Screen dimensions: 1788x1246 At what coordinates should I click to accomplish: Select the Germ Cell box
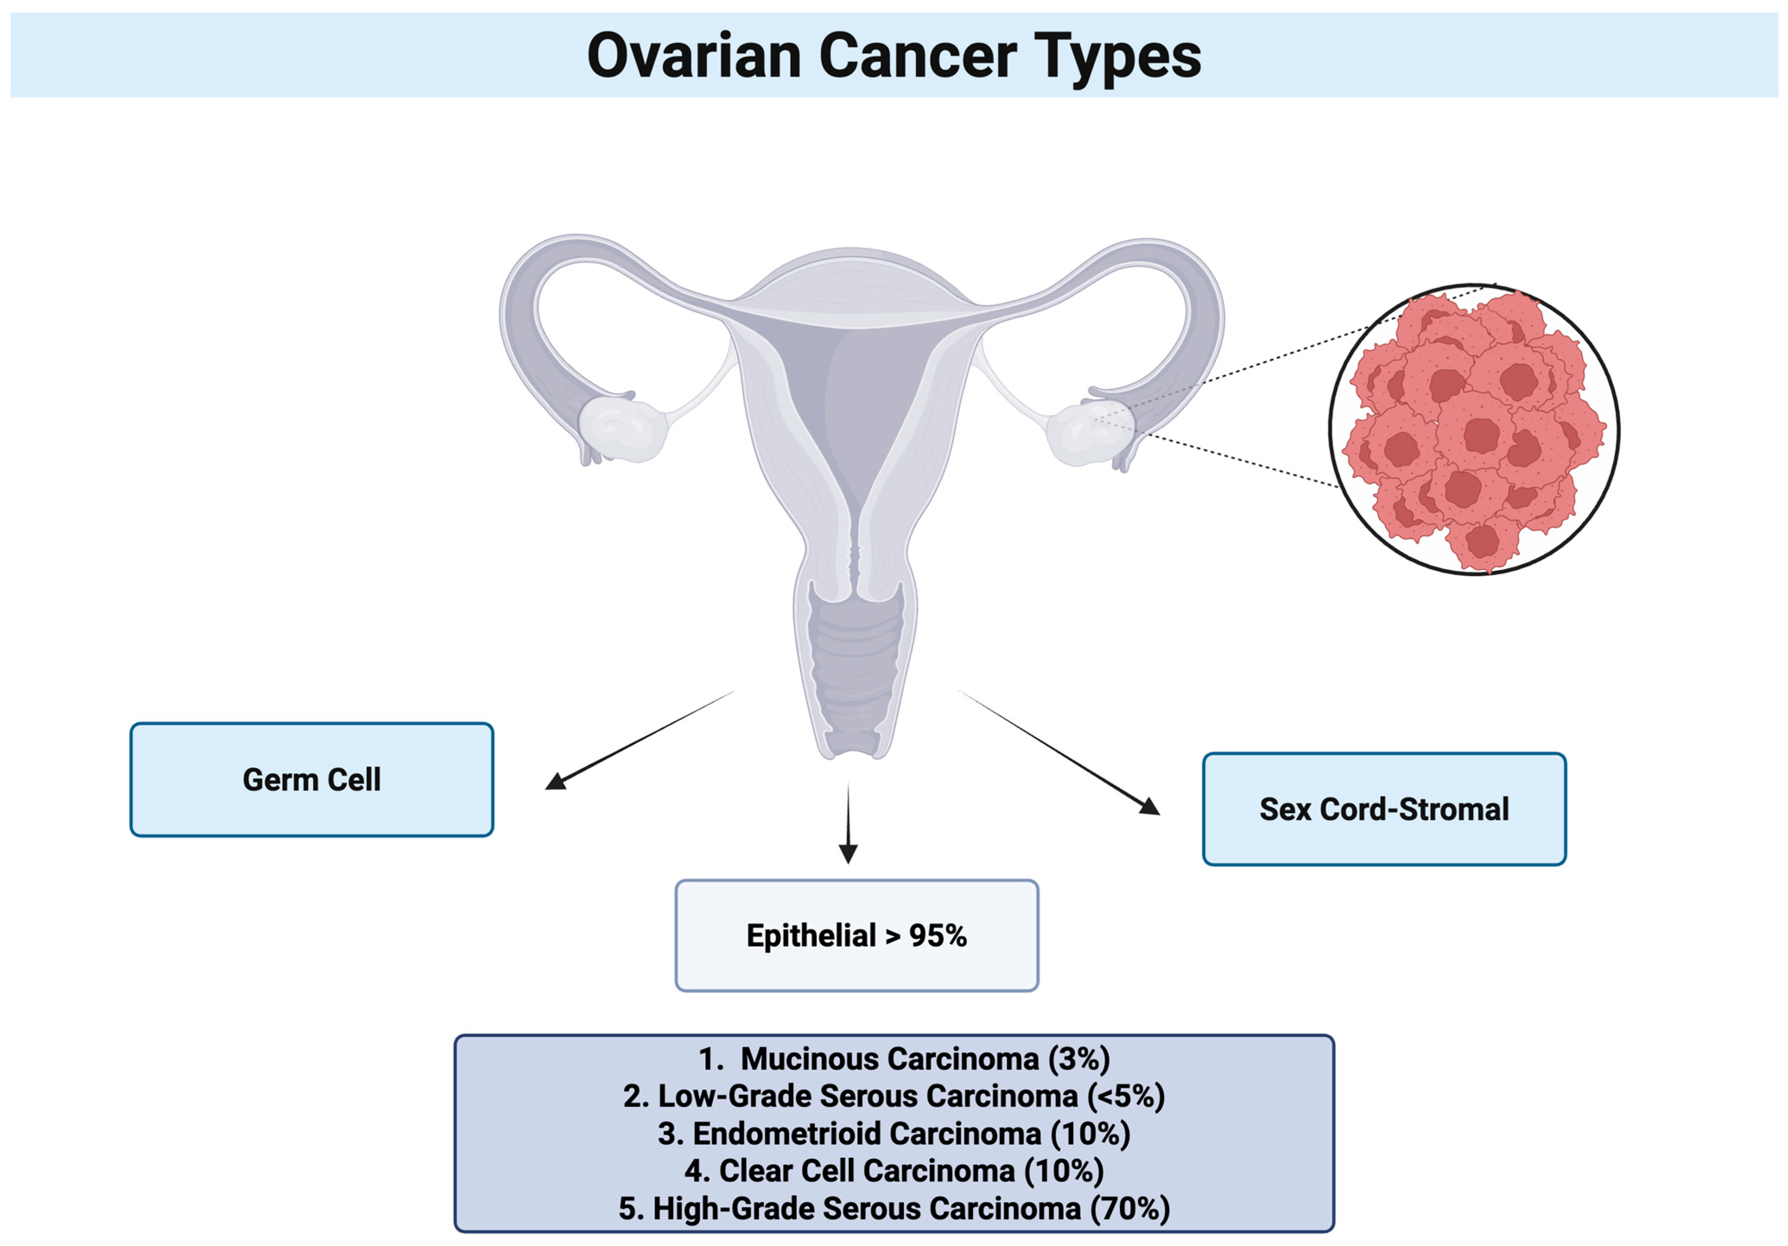pos(311,780)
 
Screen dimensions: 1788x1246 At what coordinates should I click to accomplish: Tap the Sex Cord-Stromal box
pos(1384,809)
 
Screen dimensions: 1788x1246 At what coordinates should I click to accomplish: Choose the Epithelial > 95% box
pos(857,935)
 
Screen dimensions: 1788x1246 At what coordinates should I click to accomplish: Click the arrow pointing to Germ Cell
pos(639,740)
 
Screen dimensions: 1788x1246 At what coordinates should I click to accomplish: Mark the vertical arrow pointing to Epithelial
pos(848,823)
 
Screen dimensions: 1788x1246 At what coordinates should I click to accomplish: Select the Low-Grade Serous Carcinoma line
pos(894,1097)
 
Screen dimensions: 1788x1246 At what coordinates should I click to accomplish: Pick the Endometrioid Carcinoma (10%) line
pos(894,1134)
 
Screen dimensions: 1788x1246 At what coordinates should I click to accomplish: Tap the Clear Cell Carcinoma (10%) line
pos(894,1171)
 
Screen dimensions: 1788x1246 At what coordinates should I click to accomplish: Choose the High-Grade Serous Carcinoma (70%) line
pos(894,1208)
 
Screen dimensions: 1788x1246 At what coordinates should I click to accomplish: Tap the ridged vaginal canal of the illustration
pos(855,670)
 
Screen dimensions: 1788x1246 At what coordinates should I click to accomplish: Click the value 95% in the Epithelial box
pos(938,935)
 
